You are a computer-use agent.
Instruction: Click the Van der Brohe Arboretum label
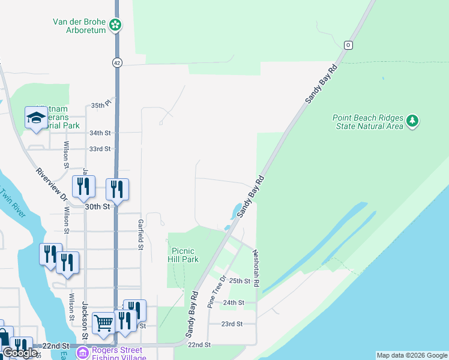click(x=79, y=25)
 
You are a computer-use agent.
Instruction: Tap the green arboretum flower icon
click(x=115, y=25)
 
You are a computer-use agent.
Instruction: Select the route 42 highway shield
click(x=116, y=62)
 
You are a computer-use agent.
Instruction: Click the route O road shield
click(x=348, y=45)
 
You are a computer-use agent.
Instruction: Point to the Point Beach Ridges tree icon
click(x=412, y=121)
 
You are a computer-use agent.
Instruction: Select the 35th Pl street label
click(x=101, y=104)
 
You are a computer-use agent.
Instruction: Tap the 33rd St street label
click(x=100, y=149)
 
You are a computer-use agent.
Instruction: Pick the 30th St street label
click(x=98, y=206)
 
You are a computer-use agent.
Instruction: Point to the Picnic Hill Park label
click(x=185, y=255)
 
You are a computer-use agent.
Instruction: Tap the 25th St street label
click(x=240, y=281)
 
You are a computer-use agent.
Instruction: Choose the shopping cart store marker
click(x=104, y=323)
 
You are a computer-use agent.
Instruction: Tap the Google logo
click(x=20, y=353)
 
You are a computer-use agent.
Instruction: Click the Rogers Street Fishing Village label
click(x=118, y=353)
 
